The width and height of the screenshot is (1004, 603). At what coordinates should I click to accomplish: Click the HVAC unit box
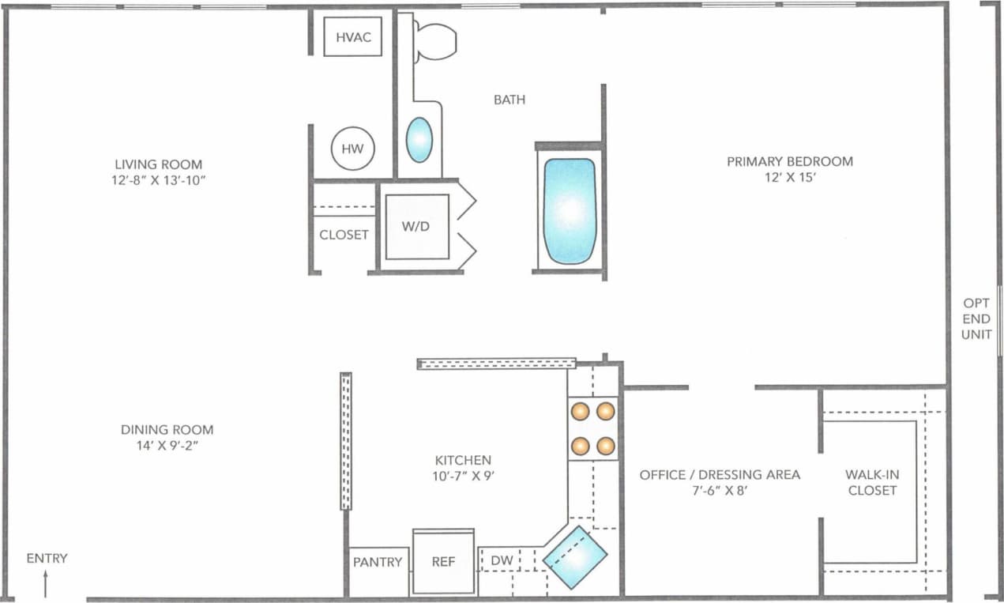[353, 37]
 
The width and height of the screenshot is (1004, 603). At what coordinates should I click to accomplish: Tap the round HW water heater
[352, 149]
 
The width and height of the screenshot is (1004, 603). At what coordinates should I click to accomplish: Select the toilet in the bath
[434, 41]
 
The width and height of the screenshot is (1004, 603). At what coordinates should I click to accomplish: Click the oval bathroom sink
[419, 140]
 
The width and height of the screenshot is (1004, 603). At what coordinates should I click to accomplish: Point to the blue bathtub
[569, 211]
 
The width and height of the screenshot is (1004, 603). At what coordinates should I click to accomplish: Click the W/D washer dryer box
[416, 227]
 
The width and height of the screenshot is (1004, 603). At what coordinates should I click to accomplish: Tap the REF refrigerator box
[443, 562]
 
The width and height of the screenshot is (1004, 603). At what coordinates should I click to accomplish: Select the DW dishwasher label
[502, 561]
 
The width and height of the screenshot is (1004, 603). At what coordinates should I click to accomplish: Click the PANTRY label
[378, 562]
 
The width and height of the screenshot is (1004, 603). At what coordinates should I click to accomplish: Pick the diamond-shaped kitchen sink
[575, 557]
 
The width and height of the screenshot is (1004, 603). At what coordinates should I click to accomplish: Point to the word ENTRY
[47, 558]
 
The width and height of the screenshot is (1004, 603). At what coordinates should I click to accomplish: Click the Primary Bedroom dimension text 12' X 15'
[790, 178]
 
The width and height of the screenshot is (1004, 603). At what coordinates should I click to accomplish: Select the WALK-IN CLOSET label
[872, 482]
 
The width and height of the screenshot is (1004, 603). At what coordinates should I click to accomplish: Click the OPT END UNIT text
[976, 318]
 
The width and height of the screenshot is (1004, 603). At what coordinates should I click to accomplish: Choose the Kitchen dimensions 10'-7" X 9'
[463, 476]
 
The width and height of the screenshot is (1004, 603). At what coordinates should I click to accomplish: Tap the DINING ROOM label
[167, 430]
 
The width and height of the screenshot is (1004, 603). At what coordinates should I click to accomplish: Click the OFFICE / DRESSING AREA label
[720, 475]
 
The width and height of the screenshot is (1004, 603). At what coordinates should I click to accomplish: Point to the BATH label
[510, 100]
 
